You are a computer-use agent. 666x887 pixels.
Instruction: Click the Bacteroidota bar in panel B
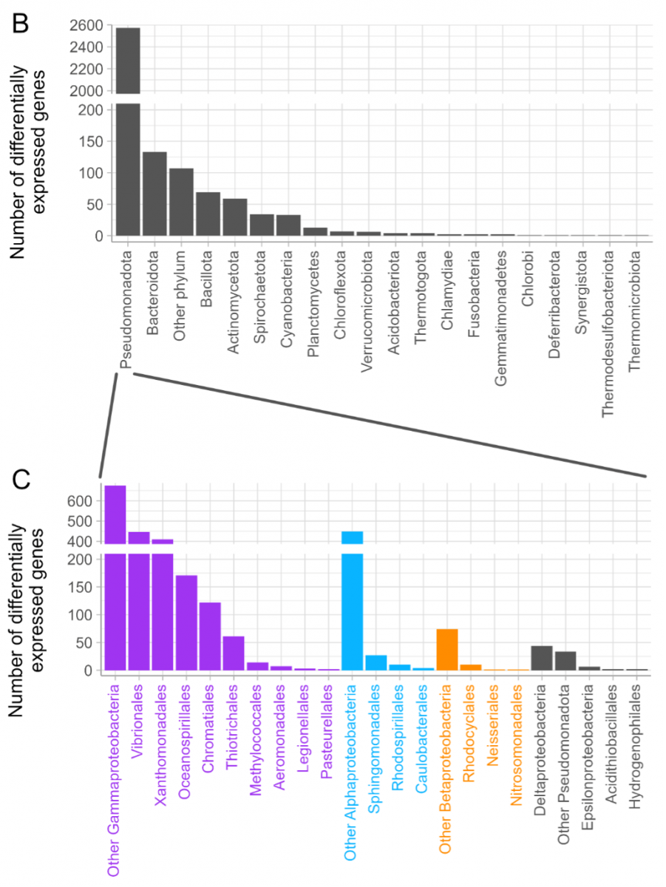(x=154, y=194)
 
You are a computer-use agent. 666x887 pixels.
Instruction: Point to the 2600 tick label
(x=91, y=27)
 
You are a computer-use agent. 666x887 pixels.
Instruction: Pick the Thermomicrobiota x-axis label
(x=635, y=325)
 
